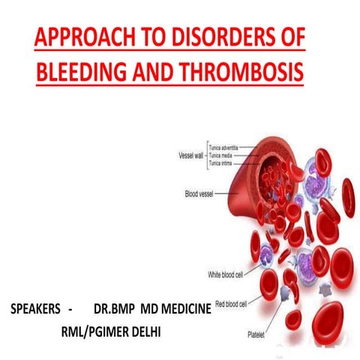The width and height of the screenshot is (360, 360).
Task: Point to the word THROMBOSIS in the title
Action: [x=249, y=73]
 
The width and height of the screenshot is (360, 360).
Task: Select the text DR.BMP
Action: [x=116, y=309]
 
